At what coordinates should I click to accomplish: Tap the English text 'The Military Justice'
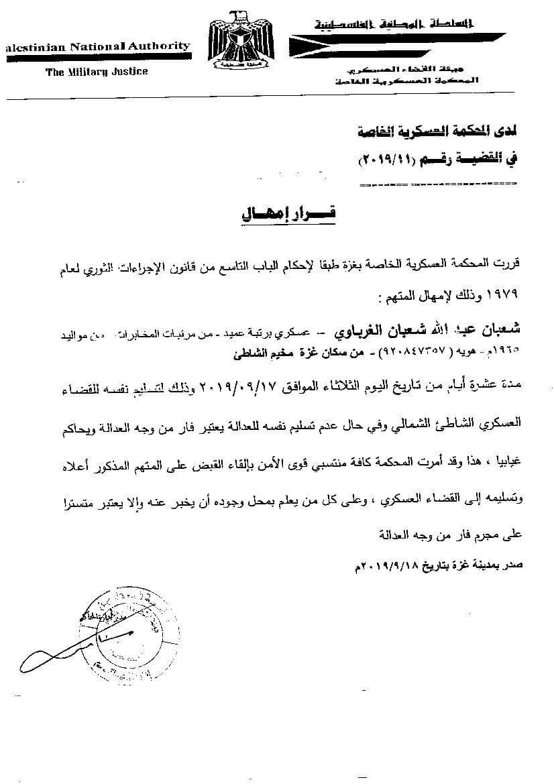click(x=97, y=71)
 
